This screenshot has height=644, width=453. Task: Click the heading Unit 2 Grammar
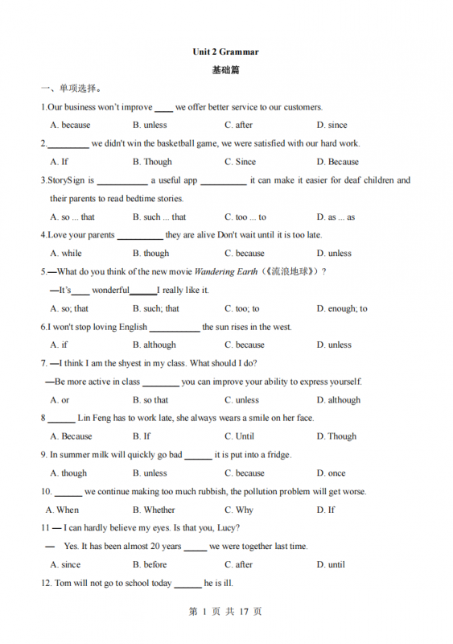[225, 52]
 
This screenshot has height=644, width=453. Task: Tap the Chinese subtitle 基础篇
[225, 70]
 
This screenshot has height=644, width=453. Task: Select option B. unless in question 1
[150, 125]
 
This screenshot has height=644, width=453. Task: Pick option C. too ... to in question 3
[245, 217]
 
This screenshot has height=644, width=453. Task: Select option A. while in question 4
[65, 253]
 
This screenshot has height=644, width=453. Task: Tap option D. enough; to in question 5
[341, 308]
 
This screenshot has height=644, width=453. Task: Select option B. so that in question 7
[150, 400]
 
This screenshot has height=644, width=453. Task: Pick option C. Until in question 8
[239, 436]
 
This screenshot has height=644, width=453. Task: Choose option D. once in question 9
[331, 473]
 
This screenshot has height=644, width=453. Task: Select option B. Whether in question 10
[154, 510]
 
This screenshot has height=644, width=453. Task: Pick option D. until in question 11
[331, 565]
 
